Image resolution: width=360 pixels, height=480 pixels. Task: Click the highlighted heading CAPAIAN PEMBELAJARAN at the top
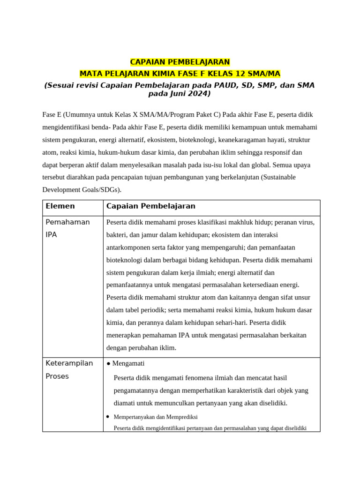[x=180, y=62]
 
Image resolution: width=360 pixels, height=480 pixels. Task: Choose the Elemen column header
[x=60, y=206]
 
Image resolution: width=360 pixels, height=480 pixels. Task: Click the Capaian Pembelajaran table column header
[x=150, y=206]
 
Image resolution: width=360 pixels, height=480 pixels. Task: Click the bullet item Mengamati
[x=128, y=363]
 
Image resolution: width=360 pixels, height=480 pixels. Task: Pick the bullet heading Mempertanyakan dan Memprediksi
[x=155, y=417]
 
